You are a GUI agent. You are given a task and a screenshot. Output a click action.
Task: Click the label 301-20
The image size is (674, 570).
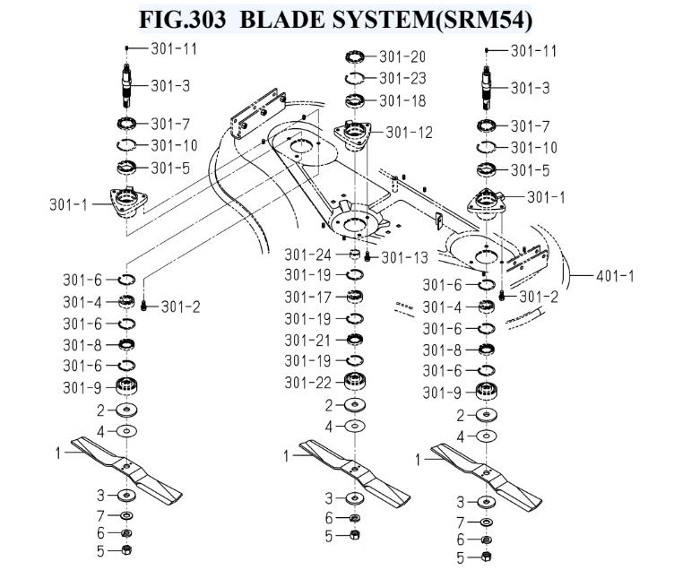[402, 56]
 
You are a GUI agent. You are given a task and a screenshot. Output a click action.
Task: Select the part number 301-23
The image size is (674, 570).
[402, 79]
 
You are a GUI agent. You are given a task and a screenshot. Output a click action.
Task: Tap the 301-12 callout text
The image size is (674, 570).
[410, 133]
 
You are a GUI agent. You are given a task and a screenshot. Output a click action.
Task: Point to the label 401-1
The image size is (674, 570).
[615, 276]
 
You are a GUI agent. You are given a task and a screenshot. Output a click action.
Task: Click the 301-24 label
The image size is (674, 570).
[307, 255]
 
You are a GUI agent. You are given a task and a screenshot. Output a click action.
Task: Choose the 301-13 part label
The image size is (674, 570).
[405, 257]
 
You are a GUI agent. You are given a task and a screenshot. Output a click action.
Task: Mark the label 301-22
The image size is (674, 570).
[307, 383]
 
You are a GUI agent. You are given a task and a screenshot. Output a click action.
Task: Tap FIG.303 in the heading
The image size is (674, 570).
[182, 20]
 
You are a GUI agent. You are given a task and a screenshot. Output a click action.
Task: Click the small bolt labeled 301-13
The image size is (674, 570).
[367, 256]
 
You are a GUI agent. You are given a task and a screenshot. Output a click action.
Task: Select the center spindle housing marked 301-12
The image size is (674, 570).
[352, 135]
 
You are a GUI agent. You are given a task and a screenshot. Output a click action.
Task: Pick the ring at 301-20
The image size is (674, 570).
[355, 56]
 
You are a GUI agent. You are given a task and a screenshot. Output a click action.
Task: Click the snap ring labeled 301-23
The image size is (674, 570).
[355, 78]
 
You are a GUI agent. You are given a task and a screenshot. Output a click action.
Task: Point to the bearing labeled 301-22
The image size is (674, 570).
[355, 381]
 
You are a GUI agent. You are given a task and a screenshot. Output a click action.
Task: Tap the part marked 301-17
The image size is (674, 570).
[355, 297]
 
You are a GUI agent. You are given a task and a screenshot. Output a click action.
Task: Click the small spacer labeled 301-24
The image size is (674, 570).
[354, 255]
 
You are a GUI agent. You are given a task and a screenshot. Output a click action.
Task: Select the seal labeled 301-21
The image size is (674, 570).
[355, 339]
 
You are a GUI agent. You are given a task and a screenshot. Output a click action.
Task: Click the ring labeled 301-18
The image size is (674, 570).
[355, 101]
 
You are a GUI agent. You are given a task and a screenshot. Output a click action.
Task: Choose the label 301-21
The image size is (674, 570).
[307, 341]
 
